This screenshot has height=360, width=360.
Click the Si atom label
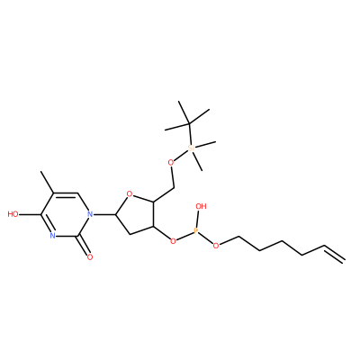(x=191, y=148)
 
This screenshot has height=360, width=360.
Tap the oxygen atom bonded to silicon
(x=171, y=163)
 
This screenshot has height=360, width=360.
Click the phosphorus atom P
(x=196, y=231)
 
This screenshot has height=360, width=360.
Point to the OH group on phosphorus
(x=201, y=206)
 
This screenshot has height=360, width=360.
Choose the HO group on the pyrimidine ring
(x=13, y=214)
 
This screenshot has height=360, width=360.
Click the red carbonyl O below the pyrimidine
(x=89, y=256)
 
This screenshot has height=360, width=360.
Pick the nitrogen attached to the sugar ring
(x=89, y=214)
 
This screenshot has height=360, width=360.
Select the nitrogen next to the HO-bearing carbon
(x=52, y=236)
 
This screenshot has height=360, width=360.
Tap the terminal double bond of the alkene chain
(x=334, y=255)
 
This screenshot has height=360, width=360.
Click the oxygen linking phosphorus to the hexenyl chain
(x=215, y=246)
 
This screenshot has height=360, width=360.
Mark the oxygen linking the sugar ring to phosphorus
(x=173, y=240)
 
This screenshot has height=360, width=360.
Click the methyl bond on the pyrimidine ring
(x=47, y=182)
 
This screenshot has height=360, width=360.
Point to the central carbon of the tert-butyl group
(x=189, y=123)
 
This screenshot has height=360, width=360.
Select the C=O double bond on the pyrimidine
(x=82, y=246)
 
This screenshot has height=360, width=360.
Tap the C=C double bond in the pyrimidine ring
(x=66, y=193)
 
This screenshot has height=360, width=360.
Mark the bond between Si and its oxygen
(x=181, y=155)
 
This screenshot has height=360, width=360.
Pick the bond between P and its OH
(x=198, y=219)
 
